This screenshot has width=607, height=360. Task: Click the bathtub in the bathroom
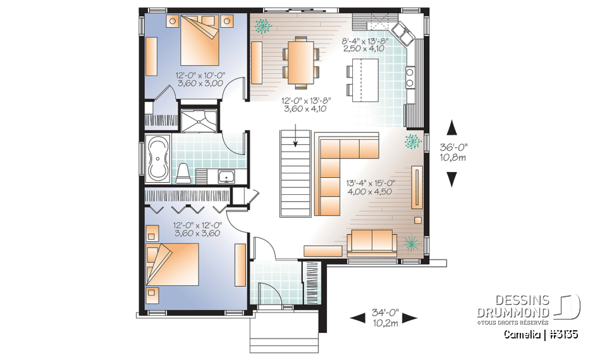[x=157, y=160]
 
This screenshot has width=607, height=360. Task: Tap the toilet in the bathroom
[x=182, y=173]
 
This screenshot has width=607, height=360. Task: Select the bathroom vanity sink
[x=226, y=177]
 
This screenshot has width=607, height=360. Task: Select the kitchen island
[x=364, y=78]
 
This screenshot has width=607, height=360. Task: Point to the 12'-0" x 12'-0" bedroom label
[x=197, y=229]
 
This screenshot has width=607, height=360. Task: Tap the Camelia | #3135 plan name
[x=541, y=334]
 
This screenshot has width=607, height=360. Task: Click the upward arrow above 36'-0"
[x=451, y=128]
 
